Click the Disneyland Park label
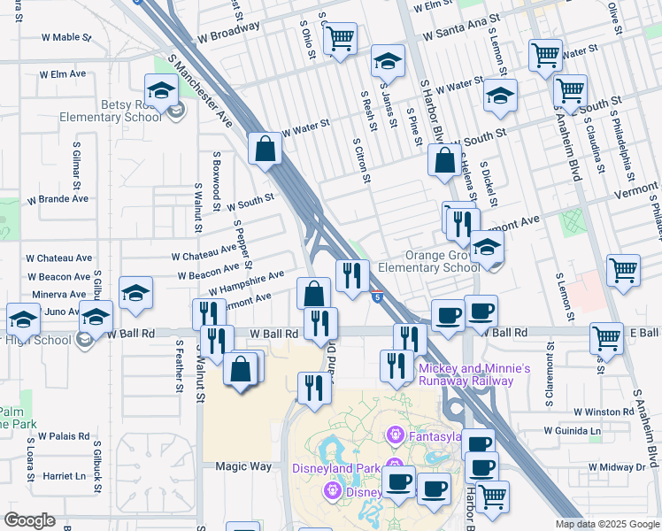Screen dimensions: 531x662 pyautogui.click(x=336, y=468)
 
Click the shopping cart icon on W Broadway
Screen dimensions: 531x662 pyautogui.click(x=340, y=40)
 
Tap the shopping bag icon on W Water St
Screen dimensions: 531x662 pyautogui.click(x=266, y=150)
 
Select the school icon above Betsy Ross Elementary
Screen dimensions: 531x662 pyautogui.click(x=162, y=90)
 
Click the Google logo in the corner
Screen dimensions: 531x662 pyautogui.click(x=30, y=520)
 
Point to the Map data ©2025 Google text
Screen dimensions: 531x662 pyautogui.click(x=606, y=524)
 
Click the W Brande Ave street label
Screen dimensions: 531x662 pyautogui.click(x=58, y=198)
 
